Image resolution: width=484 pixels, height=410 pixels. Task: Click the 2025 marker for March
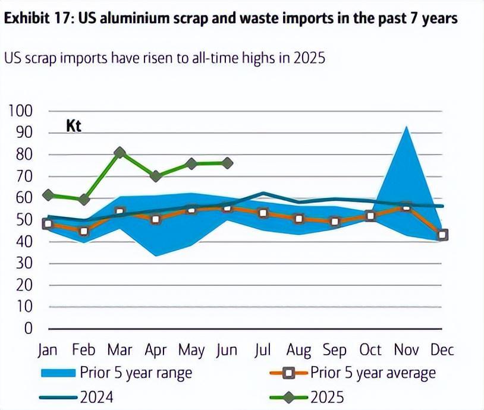(x=120, y=153)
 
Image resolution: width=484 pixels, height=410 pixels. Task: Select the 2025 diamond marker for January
(x=48, y=195)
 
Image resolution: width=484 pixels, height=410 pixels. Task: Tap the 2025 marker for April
(x=156, y=176)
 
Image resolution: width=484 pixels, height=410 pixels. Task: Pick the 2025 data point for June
(x=227, y=163)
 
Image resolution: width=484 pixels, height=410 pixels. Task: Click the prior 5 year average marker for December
(x=442, y=235)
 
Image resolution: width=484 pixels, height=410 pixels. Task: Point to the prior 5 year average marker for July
(x=263, y=213)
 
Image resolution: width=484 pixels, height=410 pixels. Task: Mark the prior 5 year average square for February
(x=84, y=231)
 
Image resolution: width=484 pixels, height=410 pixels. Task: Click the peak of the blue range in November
(x=406, y=127)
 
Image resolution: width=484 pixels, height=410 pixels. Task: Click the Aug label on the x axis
(x=298, y=350)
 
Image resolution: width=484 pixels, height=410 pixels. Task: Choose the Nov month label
(x=406, y=350)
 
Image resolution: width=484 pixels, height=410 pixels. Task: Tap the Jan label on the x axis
(x=48, y=350)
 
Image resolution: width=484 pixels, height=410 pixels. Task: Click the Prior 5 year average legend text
(x=373, y=373)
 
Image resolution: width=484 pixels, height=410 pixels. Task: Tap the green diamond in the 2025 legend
(x=288, y=396)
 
